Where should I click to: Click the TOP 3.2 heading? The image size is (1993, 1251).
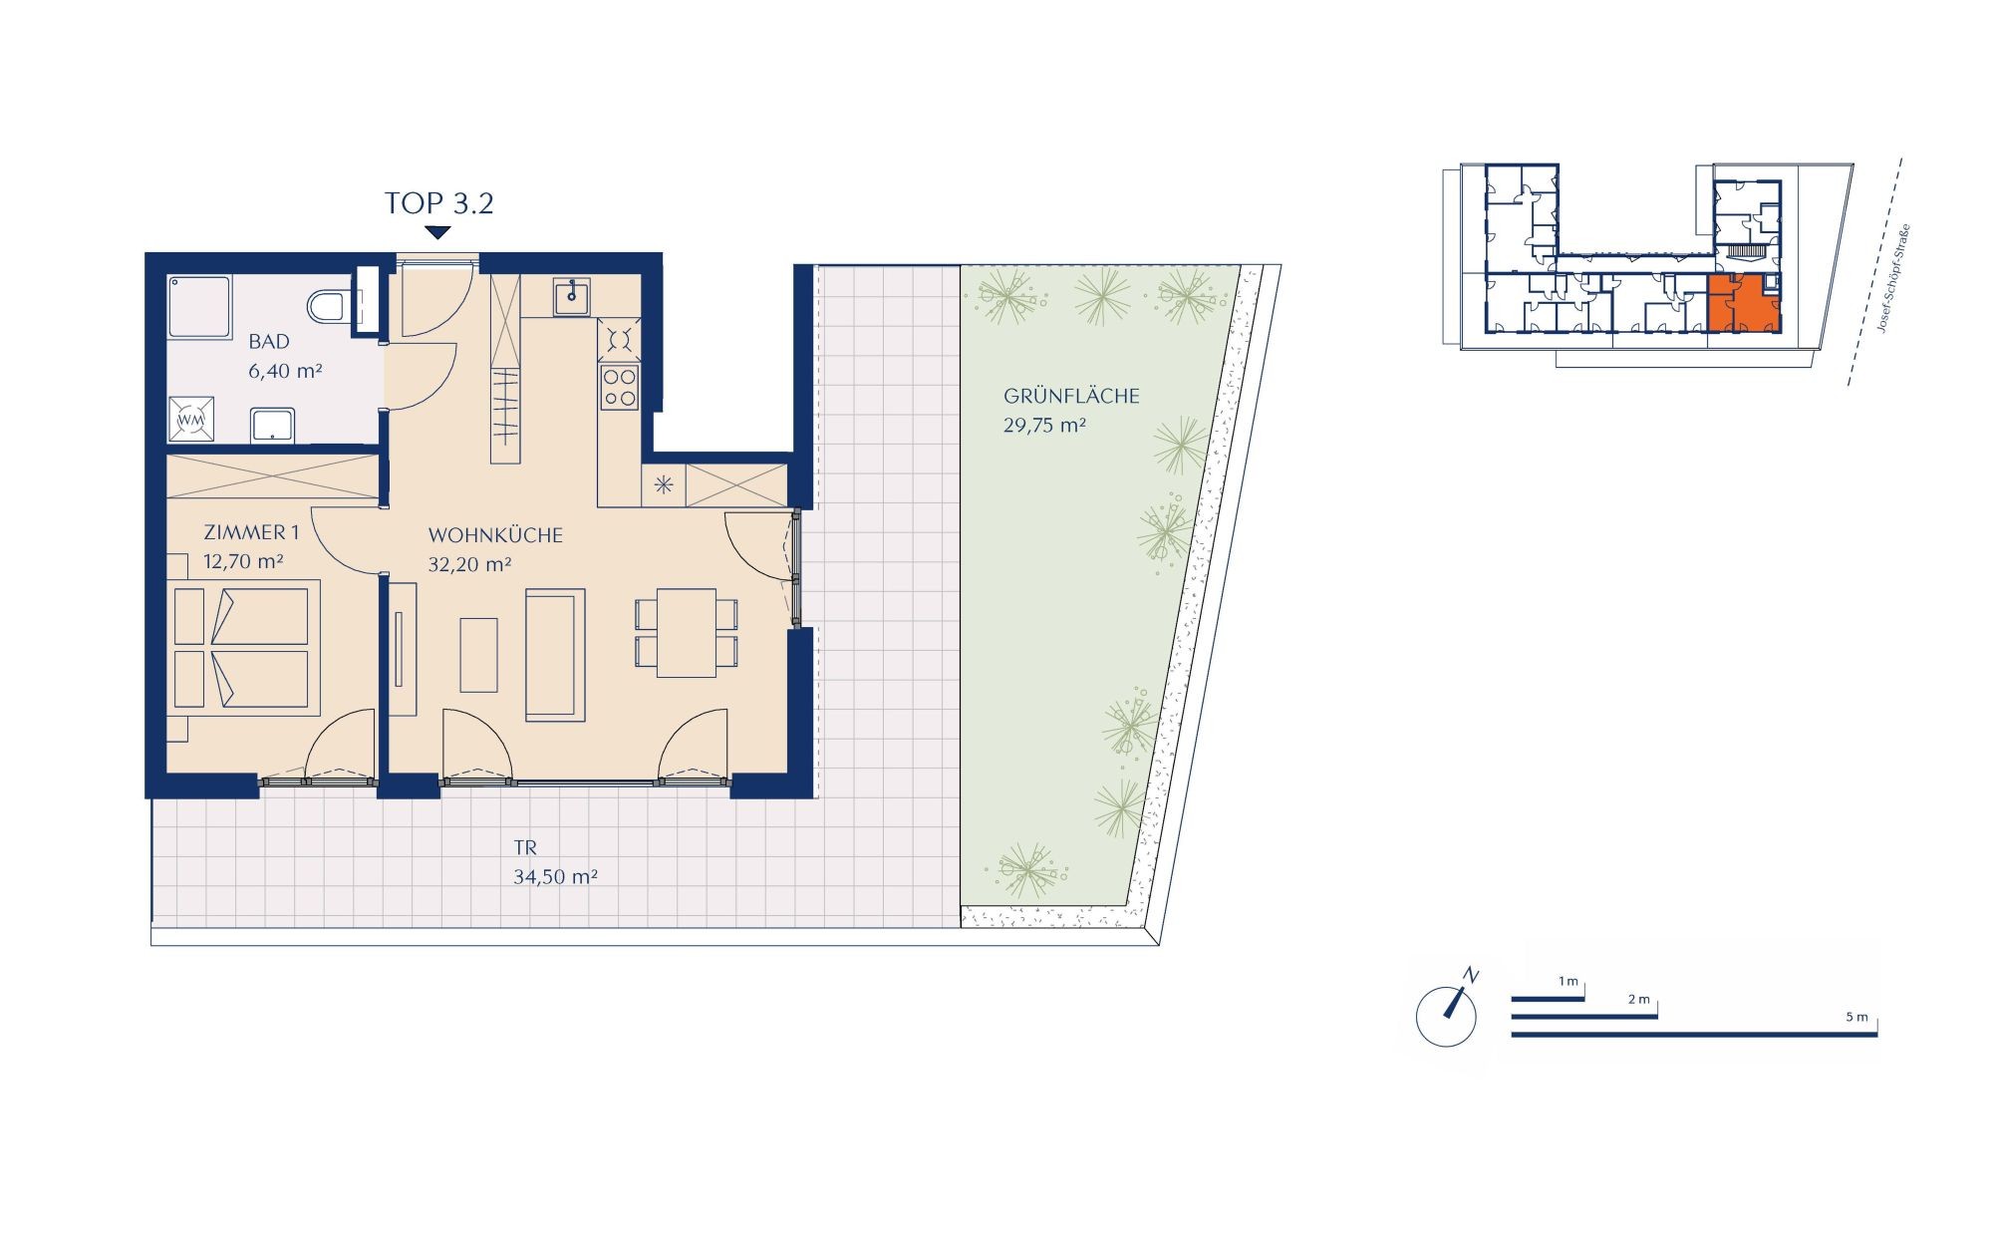coord(439,203)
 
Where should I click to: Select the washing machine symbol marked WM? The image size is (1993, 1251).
coord(190,420)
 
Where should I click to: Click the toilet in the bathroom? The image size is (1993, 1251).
coord(326,306)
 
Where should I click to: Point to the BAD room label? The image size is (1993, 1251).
coord(269,342)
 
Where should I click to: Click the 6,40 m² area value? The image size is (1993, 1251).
coord(285,372)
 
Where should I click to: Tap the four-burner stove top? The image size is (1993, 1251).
coord(619,387)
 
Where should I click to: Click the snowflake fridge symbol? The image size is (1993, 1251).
coord(664,486)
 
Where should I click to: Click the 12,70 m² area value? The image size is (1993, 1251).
coord(243,561)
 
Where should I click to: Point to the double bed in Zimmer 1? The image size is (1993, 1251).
coord(243,648)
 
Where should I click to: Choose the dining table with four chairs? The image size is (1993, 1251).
coord(687,633)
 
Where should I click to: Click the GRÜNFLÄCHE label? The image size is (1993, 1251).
coord(1071,396)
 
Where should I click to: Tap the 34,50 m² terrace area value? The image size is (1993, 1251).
coord(555,877)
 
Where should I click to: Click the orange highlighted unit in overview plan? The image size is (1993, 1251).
coord(1744,303)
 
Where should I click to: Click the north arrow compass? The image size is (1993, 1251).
coord(1447,1012)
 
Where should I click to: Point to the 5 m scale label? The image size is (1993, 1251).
coord(1856,1018)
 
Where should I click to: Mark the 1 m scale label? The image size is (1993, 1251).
coord(1568,982)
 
